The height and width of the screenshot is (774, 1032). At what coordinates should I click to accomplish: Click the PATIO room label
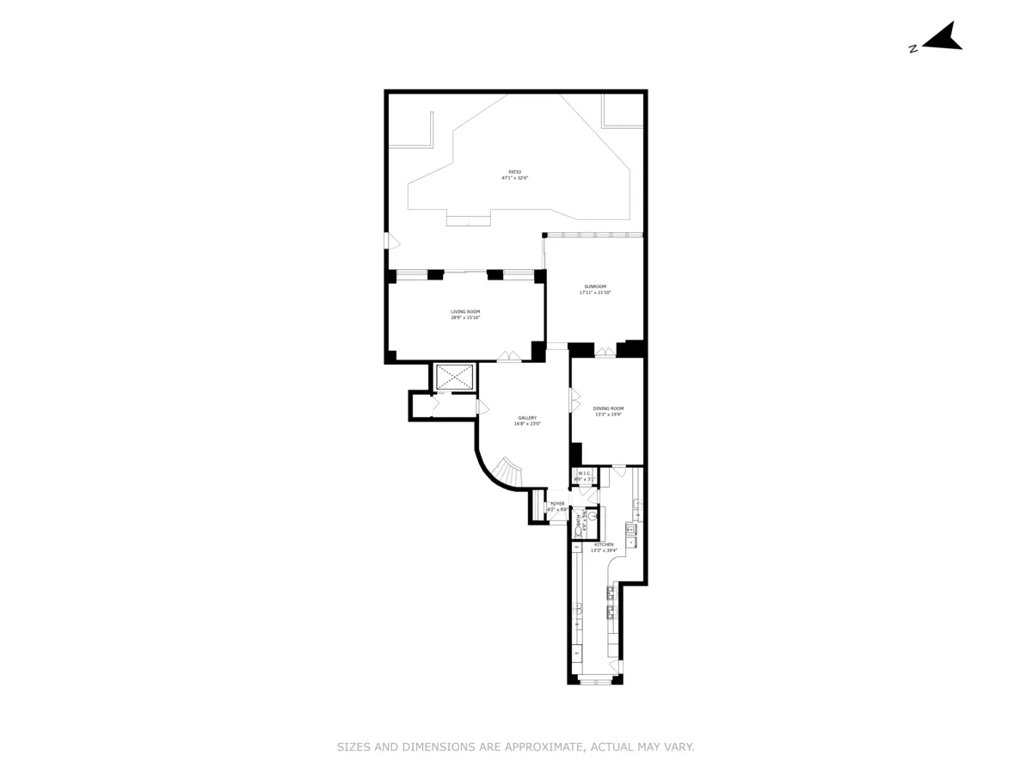click(514, 172)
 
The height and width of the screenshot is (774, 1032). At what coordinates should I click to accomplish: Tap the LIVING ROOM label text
click(465, 311)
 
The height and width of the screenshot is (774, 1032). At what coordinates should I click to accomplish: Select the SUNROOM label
click(594, 286)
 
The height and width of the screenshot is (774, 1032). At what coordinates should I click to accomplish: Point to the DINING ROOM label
click(608, 408)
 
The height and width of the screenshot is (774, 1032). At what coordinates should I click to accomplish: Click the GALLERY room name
click(527, 418)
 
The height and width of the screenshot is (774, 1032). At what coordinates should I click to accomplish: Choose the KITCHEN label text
click(604, 544)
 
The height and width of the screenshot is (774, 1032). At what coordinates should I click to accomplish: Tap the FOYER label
click(557, 504)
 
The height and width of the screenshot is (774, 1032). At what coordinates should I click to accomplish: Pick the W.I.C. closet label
click(584, 473)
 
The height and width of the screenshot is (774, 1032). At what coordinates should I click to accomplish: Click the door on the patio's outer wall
click(390, 241)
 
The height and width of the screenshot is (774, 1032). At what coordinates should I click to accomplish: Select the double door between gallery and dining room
click(574, 400)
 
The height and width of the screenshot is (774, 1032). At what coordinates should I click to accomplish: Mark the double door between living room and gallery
click(509, 356)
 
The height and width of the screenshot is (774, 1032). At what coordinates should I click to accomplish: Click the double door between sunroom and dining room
click(605, 352)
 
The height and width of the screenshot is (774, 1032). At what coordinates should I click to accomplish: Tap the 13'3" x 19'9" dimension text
click(608, 415)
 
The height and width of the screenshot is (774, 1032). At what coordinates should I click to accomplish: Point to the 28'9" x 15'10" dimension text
click(465, 318)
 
